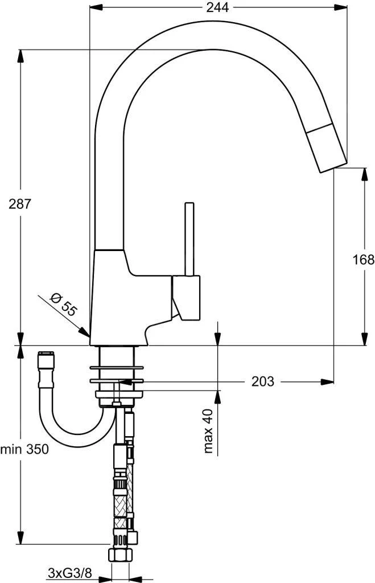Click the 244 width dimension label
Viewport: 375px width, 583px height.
(x=217, y=7)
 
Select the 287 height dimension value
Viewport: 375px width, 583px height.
(x=19, y=203)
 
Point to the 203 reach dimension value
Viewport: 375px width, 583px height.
(x=263, y=381)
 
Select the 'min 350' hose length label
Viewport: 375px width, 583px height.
(x=24, y=449)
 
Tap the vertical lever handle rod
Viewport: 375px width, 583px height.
(x=189, y=239)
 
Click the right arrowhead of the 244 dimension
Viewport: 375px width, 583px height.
(x=341, y=7)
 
